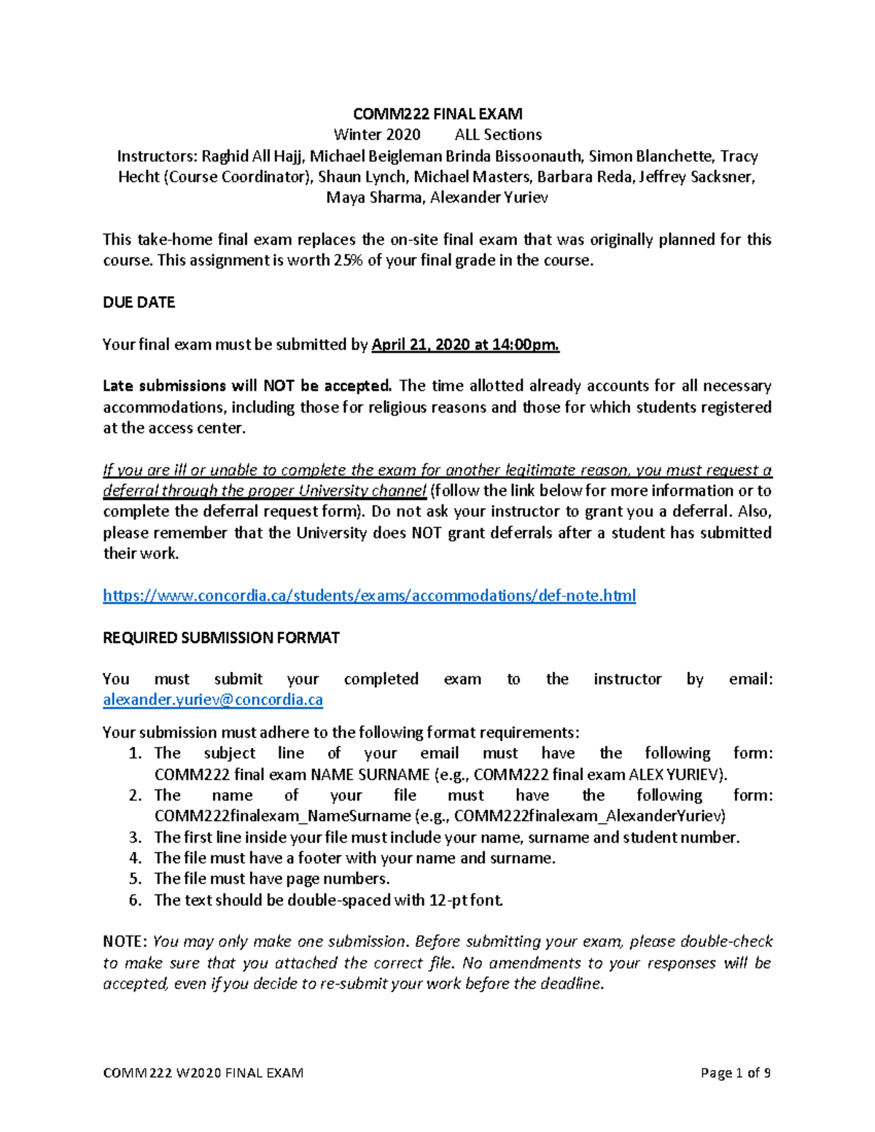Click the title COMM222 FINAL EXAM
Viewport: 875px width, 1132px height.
(x=437, y=114)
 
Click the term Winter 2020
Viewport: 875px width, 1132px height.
(x=377, y=135)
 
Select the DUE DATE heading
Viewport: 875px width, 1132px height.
(x=139, y=302)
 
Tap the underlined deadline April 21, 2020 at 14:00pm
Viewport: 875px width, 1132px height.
(x=465, y=345)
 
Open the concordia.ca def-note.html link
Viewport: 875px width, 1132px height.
(x=369, y=596)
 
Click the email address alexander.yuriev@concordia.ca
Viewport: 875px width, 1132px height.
(x=212, y=700)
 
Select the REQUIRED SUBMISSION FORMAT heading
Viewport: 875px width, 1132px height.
(x=221, y=638)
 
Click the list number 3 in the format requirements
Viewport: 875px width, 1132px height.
(x=134, y=838)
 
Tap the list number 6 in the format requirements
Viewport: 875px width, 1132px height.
(x=134, y=900)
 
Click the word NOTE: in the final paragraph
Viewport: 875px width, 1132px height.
(x=125, y=942)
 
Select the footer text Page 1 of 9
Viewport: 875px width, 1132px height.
(x=735, y=1073)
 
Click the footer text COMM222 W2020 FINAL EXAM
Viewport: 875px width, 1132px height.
(x=203, y=1073)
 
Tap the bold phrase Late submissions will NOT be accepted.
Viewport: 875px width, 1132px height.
(x=247, y=386)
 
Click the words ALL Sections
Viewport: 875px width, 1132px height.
(x=498, y=135)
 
